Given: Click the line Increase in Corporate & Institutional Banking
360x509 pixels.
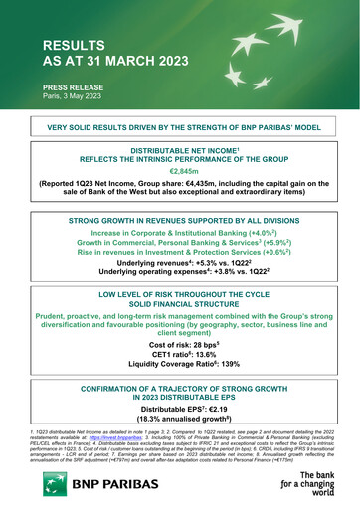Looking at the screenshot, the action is [180, 231].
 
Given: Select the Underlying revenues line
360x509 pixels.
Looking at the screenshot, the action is [180, 265].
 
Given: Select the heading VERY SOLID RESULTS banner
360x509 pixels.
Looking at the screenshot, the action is [180, 128].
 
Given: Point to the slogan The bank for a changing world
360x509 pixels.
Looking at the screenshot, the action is [313, 487].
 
